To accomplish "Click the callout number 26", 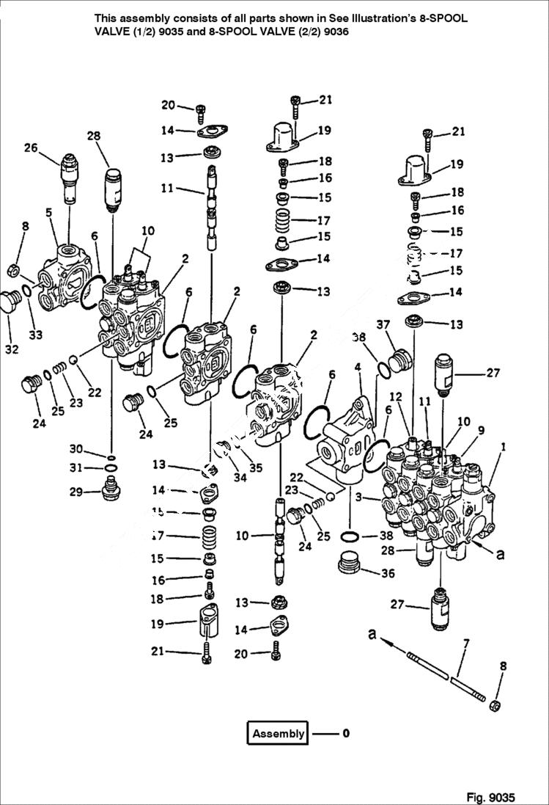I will [30, 147].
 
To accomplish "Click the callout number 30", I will [76, 449].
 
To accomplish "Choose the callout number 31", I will [76, 468].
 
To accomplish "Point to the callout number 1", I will [503, 446].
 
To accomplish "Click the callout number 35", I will [256, 467].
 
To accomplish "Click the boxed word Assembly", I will [278, 733].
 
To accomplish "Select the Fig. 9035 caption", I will [490, 797].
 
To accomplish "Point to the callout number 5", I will [48, 213].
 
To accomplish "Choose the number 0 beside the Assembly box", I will [346, 733].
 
